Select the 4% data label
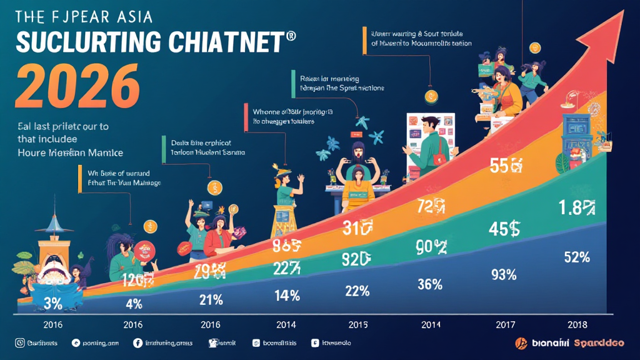point(134,304)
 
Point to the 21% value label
point(211,299)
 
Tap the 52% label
point(577,257)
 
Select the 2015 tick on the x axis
point(357,324)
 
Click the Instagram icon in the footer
point(19,342)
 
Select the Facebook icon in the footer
point(137,342)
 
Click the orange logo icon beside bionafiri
point(520,342)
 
